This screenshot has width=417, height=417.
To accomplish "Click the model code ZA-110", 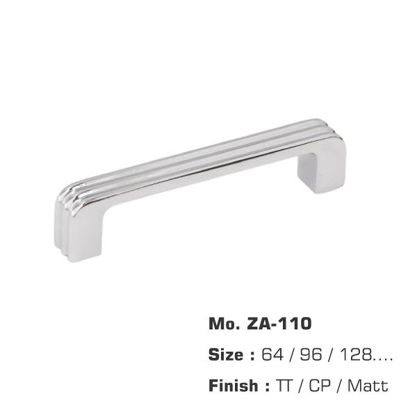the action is click(x=279, y=324).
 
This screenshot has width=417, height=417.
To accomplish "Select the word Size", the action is click(x=225, y=354).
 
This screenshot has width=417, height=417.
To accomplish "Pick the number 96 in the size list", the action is click(x=311, y=354).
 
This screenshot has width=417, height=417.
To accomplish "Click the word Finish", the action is click(x=234, y=385).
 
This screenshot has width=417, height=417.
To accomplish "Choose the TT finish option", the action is click(x=285, y=385).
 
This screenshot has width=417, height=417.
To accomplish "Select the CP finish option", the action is click(x=320, y=385).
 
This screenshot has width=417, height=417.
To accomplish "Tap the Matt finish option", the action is click(x=368, y=385).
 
